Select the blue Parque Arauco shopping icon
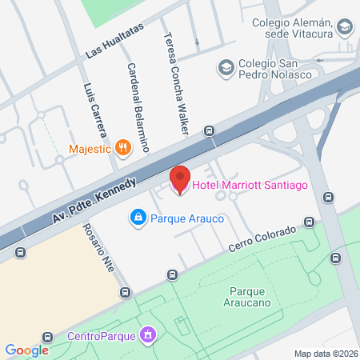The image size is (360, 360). pos(138,217)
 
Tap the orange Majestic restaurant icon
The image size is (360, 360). pos(122,147)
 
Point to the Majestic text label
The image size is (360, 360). pos(90,147)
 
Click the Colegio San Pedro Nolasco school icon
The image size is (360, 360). pos(226,66)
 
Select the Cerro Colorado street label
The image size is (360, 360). pos(263,239)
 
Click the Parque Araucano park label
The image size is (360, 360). pos(253,297)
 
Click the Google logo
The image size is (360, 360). pos(26,350)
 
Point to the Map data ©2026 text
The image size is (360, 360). pos(326,353)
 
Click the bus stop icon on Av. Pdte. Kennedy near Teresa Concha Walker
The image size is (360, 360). pos(210,131)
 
